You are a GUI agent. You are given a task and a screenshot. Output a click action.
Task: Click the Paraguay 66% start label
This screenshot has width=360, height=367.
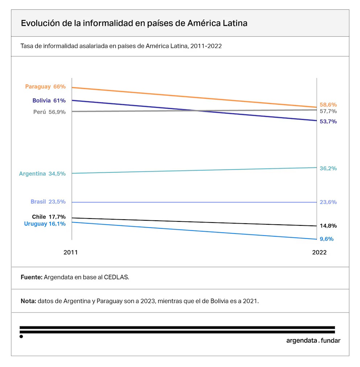[x=45, y=87]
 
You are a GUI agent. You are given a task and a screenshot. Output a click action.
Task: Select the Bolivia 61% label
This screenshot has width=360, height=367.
[x=49, y=101]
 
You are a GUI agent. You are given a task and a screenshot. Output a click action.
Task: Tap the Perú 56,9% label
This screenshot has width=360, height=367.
[x=49, y=112]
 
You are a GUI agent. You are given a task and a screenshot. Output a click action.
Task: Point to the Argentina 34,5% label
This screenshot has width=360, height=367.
[x=42, y=174]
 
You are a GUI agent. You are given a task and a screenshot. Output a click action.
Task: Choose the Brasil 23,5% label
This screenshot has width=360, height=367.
[x=48, y=202]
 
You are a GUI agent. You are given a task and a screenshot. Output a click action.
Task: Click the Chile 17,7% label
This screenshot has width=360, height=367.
[x=49, y=217]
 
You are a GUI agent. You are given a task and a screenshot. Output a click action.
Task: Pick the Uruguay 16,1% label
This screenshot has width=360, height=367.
[x=45, y=224]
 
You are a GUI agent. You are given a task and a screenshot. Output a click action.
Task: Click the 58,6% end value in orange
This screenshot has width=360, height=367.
[x=328, y=105]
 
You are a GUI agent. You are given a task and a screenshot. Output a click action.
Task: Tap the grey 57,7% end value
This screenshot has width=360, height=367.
[x=328, y=111]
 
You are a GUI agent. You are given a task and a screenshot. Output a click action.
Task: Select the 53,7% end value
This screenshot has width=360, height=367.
[x=328, y=122]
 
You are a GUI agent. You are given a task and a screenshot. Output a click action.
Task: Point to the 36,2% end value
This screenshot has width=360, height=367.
[x=328, y=168]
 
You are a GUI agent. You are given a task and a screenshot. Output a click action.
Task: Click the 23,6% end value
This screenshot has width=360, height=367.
[x=328, y=202]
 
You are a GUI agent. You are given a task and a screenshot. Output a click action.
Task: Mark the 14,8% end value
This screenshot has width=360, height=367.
[x=328, y=226]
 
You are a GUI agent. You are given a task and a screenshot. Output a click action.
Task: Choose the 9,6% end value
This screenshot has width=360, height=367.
[x=327, y=239]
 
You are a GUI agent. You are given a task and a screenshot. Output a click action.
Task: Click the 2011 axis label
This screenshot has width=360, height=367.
[x=70, y=252]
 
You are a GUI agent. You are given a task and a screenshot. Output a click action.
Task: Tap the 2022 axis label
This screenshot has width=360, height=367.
[x=319, y=252]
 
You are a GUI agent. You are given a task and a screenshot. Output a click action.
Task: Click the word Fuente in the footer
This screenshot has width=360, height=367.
[x=31, y=277]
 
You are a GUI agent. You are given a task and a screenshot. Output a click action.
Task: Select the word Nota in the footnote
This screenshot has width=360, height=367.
[x=28, y=301]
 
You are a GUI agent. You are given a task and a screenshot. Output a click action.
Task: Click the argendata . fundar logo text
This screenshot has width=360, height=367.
[x=313, y=341]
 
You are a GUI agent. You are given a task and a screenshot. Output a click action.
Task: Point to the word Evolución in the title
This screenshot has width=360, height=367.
[x=40, y=23]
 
